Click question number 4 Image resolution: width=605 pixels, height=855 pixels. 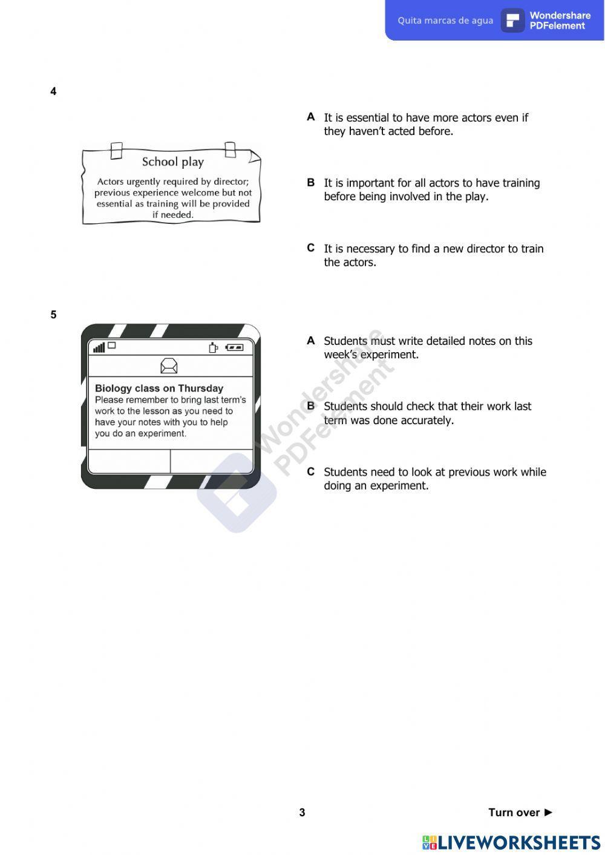(x=53, y=91)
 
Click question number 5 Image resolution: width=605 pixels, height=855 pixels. (x=53, y=315)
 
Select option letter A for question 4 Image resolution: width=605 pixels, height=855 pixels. (x=311, y=117)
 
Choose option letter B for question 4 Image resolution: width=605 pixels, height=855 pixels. (x=311, y=182)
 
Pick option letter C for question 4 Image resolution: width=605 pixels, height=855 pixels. (x=311, y=247)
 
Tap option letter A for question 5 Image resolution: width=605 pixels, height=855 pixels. (x=311, y=341)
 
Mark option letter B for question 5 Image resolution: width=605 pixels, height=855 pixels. (x=311, y=406)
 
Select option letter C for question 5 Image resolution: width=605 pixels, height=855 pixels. (x=311, y=471)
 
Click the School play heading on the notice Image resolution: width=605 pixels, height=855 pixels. (x=173, y=162)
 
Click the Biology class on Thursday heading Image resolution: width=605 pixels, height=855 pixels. (x=159, y=388)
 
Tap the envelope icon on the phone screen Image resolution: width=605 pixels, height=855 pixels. (x=169, y=365)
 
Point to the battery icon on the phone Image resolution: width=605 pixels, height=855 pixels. (x=234, y=347)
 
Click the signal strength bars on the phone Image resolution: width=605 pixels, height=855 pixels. (x=99, y=347)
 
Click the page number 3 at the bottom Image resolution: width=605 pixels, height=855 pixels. (x=302, y=813)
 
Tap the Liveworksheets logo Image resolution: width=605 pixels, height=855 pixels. (x=511, y=842)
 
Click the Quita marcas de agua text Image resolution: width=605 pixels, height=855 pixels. (x=445, y=21)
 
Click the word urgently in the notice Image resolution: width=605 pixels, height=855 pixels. (x=143, y=182)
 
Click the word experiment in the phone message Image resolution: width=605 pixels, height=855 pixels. (x=163, y=434)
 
